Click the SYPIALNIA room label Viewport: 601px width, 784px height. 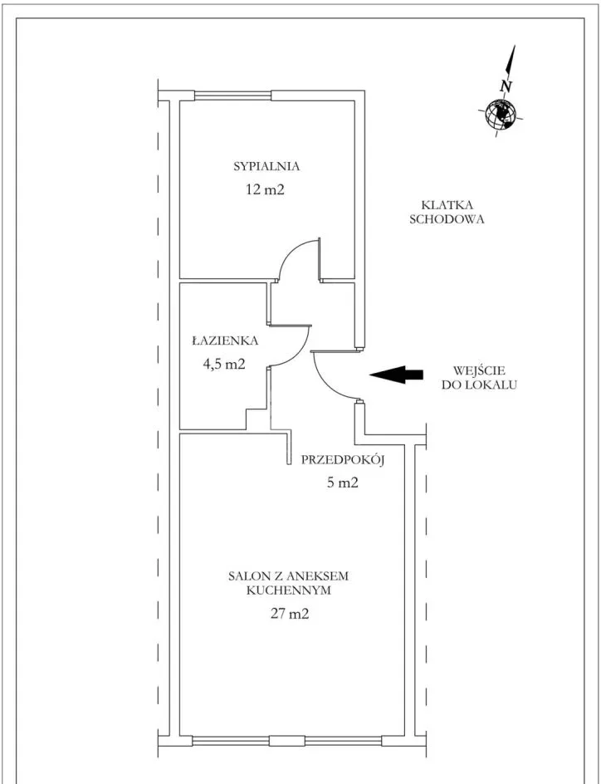tap(266, 166)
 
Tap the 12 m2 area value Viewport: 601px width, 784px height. tap(265, 190)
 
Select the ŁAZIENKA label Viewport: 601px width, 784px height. tap(225, 341)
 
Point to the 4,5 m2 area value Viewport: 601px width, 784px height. tap(224, 364)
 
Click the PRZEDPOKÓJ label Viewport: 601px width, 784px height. tap(342, 460)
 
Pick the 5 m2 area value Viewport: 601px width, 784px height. tap(342, 483)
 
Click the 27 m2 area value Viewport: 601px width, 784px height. tap(290, 614)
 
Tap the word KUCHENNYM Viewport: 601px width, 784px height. tap(289, 590)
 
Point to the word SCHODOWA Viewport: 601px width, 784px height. tap(447, 219)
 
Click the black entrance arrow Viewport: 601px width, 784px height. tap(396, 375)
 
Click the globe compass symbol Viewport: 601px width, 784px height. tap(501, 114)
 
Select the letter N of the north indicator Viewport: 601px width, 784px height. tap(506, 86)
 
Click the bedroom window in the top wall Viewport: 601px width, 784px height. tap(232, 95)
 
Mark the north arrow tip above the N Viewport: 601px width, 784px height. tap(514, 46)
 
